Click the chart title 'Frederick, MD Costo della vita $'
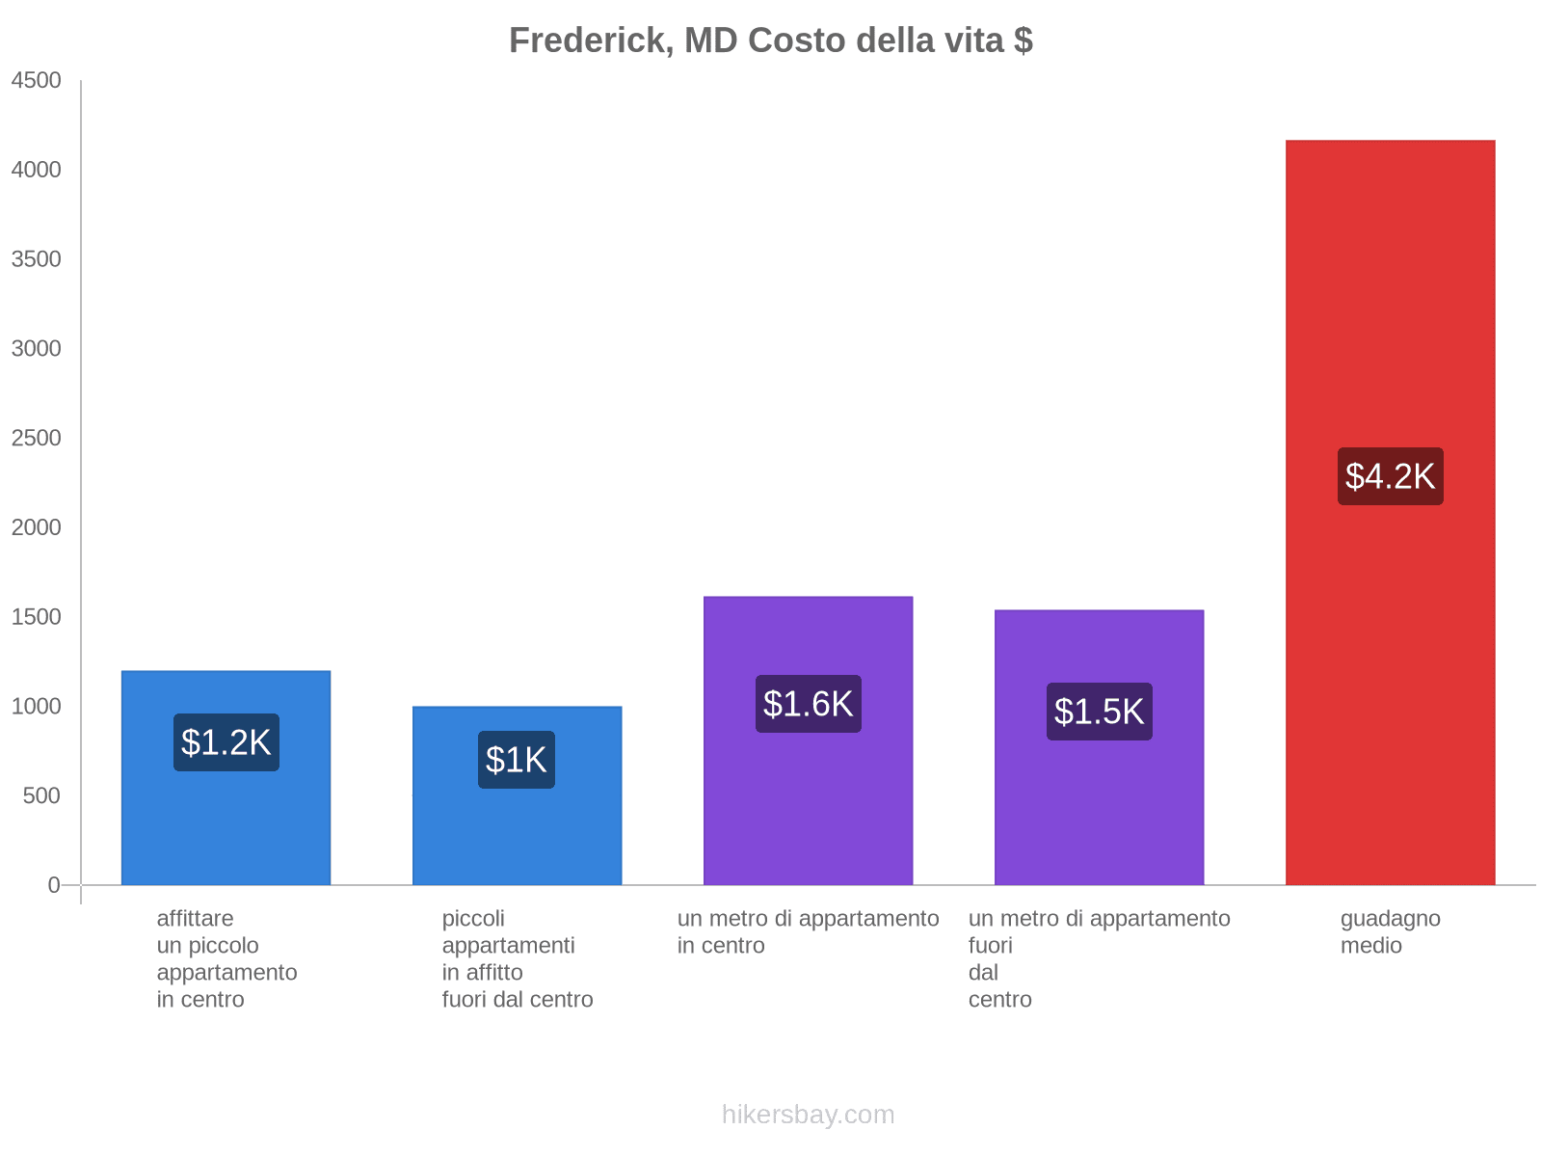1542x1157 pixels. (x=770, y=40)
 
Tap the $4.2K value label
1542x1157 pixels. (x=1390, y=476)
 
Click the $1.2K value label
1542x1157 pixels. (x=226, y=742)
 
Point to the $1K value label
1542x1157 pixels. (x=517, y=760)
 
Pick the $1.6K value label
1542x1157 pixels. (x=808, y=704)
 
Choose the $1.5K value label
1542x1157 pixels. (x=1099, y=712)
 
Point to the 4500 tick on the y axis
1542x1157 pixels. (x=36, y=81)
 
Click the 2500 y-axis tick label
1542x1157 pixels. (x=36, y=439)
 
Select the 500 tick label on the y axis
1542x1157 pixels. (x=41, y=796)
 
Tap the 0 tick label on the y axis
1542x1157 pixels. (x=54, y=885)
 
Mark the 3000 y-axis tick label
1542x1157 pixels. (x=36, y=349)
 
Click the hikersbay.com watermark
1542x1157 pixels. (x=808, y=1115)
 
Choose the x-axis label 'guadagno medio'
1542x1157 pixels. (x=1390, y=932)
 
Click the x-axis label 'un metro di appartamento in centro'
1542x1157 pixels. (x=808, y=932)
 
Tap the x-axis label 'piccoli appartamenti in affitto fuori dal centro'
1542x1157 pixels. (x=517, y=959)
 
